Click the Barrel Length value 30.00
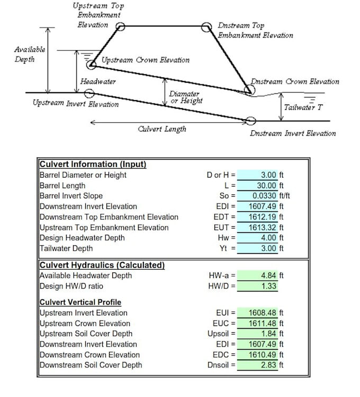tap(266, 186)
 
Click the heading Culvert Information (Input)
tap(93, 164)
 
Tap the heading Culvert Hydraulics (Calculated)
tap(102, 265)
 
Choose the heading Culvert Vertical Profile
tap(80, 302)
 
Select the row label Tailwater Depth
tap(66, 249)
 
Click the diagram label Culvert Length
tap(161, 129)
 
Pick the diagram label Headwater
tap(98, 82)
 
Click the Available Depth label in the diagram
tap(29, 54)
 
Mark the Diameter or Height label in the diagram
tap(185, 97)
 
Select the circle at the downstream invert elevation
tap(251, 122)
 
